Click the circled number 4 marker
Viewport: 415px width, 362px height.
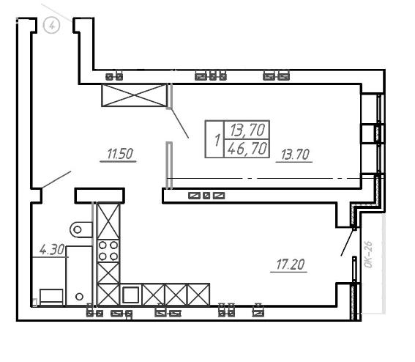(x=52, y=26)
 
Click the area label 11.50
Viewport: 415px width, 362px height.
(x=120, y=154)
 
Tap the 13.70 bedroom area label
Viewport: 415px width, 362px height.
(x=295, y=155)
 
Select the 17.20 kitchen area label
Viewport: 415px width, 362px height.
(x=291, y=265)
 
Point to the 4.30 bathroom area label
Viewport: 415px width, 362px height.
(x=52, y=249)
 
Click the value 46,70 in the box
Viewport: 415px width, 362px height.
(x=247, y=149)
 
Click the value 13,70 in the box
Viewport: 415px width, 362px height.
(x=247, y=130)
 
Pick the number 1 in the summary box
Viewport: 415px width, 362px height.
(x=217, y=140)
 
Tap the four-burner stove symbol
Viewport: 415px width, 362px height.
(x=108, y=251)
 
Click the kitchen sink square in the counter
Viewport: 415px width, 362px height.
(x=130, y=295)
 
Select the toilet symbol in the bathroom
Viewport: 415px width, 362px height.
(x=81, y=229)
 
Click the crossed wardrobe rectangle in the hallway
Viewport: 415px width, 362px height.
(x=135, y=95)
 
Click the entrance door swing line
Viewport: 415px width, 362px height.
(x=56, y=180)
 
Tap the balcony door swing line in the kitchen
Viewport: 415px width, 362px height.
(x=348, y=241)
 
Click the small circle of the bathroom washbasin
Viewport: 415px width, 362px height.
(x=79, y=297)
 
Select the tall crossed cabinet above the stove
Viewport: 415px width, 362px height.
(x=108, y=221)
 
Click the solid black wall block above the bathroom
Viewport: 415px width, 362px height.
(x=100, y=196)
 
